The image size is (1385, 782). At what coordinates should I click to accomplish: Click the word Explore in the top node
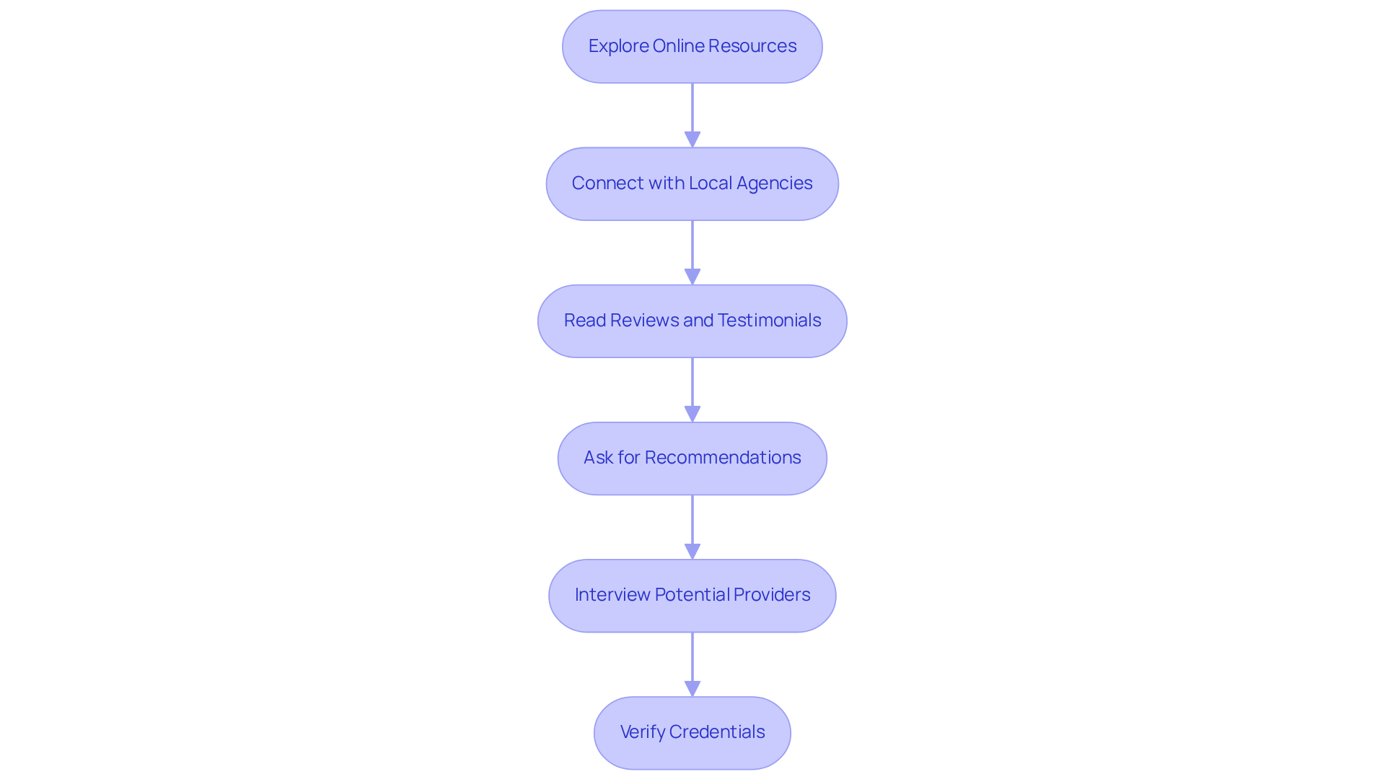pos(618,46)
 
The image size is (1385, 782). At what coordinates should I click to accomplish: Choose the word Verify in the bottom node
pos(642,732)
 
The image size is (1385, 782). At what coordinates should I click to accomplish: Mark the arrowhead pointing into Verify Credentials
pos(692,688)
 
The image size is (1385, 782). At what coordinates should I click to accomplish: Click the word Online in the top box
pos(678,46)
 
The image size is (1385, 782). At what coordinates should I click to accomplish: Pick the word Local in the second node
pos(710,183)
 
